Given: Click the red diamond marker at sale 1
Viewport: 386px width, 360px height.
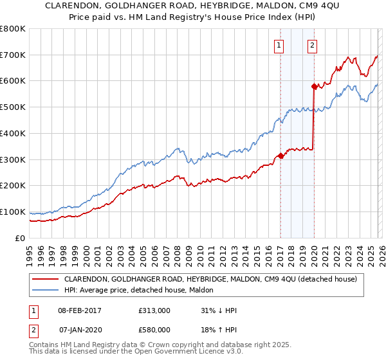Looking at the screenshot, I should point(280,156).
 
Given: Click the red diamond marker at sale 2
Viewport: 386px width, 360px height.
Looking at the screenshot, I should point(314,85).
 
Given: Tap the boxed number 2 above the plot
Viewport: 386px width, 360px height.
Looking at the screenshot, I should point(312,45).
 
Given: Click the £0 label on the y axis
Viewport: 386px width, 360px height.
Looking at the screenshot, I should point(20,238).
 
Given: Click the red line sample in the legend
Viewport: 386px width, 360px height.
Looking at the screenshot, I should point(46,279).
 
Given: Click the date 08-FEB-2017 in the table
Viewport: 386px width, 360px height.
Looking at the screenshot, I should point(80,310).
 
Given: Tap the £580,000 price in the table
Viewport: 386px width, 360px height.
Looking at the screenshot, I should point(154,329).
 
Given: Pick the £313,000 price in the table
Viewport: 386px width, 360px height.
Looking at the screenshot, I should point(154,310).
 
